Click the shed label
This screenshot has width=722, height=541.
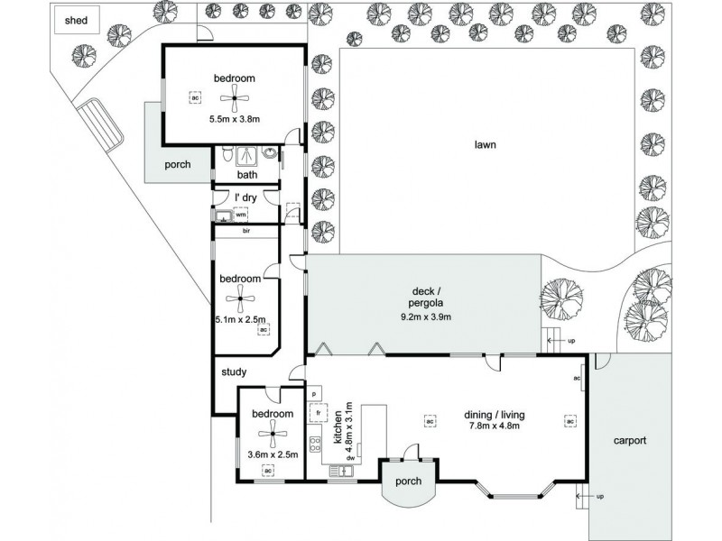click(x=76, y=22)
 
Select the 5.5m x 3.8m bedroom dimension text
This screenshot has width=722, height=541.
click(x=235, y=119)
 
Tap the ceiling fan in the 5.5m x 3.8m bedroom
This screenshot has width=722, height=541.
click(x=235, y=99)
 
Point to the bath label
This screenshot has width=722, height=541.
click(x=247, y=176)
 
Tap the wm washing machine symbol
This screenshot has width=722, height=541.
click(x=241, y=215)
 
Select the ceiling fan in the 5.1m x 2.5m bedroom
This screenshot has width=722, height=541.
click(x=240, y=301)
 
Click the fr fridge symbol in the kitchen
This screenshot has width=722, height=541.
click(x=318, y=414)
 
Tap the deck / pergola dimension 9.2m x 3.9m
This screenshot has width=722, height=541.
click(x=426, y=316)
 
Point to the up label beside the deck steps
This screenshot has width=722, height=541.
click(x=570, y=341)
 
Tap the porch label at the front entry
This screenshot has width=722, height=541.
click(x=409, y=481)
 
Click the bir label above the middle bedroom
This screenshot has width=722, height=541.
click(x=245, y=231)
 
